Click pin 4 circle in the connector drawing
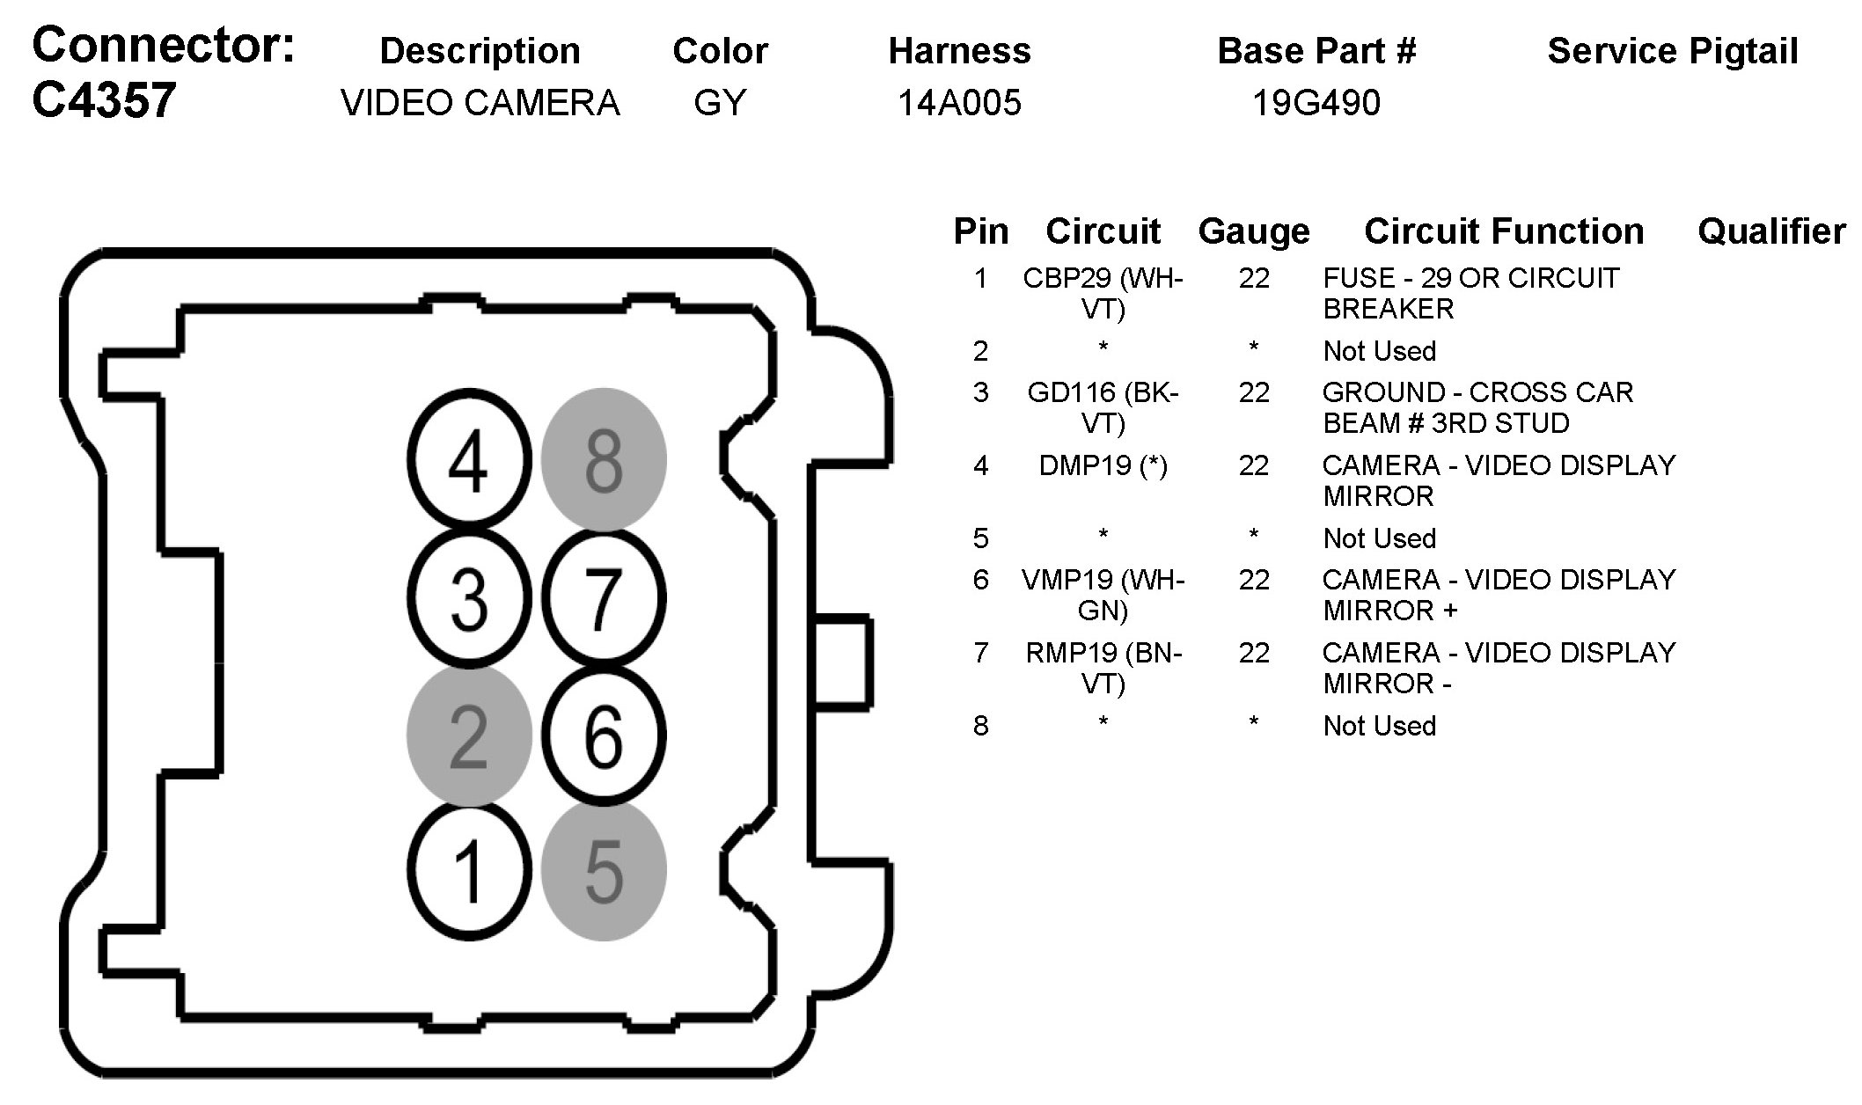pyautogui.click(x=469, y=460)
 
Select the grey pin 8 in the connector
pyautogui.click(x=604, y=460)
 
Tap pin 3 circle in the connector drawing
pyautogui.click(x=469, y=598)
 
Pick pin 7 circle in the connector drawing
pyautogui.click(x=604, y=598)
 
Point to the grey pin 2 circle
pyautogui.click(x=469, y=735)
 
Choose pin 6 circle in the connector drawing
pyautogui.click(x=604, y=735)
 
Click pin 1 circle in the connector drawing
pyautogui.click(x=469, y=871)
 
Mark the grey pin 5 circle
pyautogui.click(x=604, y=871)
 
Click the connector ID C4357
pyautogui.click(x=104, y=100)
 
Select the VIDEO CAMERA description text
pyautogui.click(x=480, y=104)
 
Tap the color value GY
pyautogui.click(x=720, y=104)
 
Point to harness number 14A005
pyautogui.click(x=959, y=104)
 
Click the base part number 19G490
pyautogui.click(x=1316, y=104)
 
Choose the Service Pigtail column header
pyautogui.click(x=1672, y=51)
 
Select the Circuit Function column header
pyautogui.click(x=1504, y=231)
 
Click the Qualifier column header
pyautogui.click(x=1771, y=231)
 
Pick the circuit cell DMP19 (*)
pyautogui.click(x=1103, y=465)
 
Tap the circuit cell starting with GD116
pyautogui.click(x=1103, y=407)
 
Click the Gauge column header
pyautogui.click(x=1254, y=231)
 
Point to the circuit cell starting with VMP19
pyautogui.click(x=1103, y=595)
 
